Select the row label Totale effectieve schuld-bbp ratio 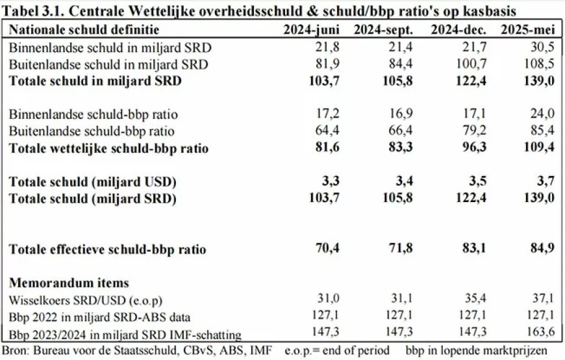click(108, 250)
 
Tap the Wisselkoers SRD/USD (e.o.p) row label click(86, 301)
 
